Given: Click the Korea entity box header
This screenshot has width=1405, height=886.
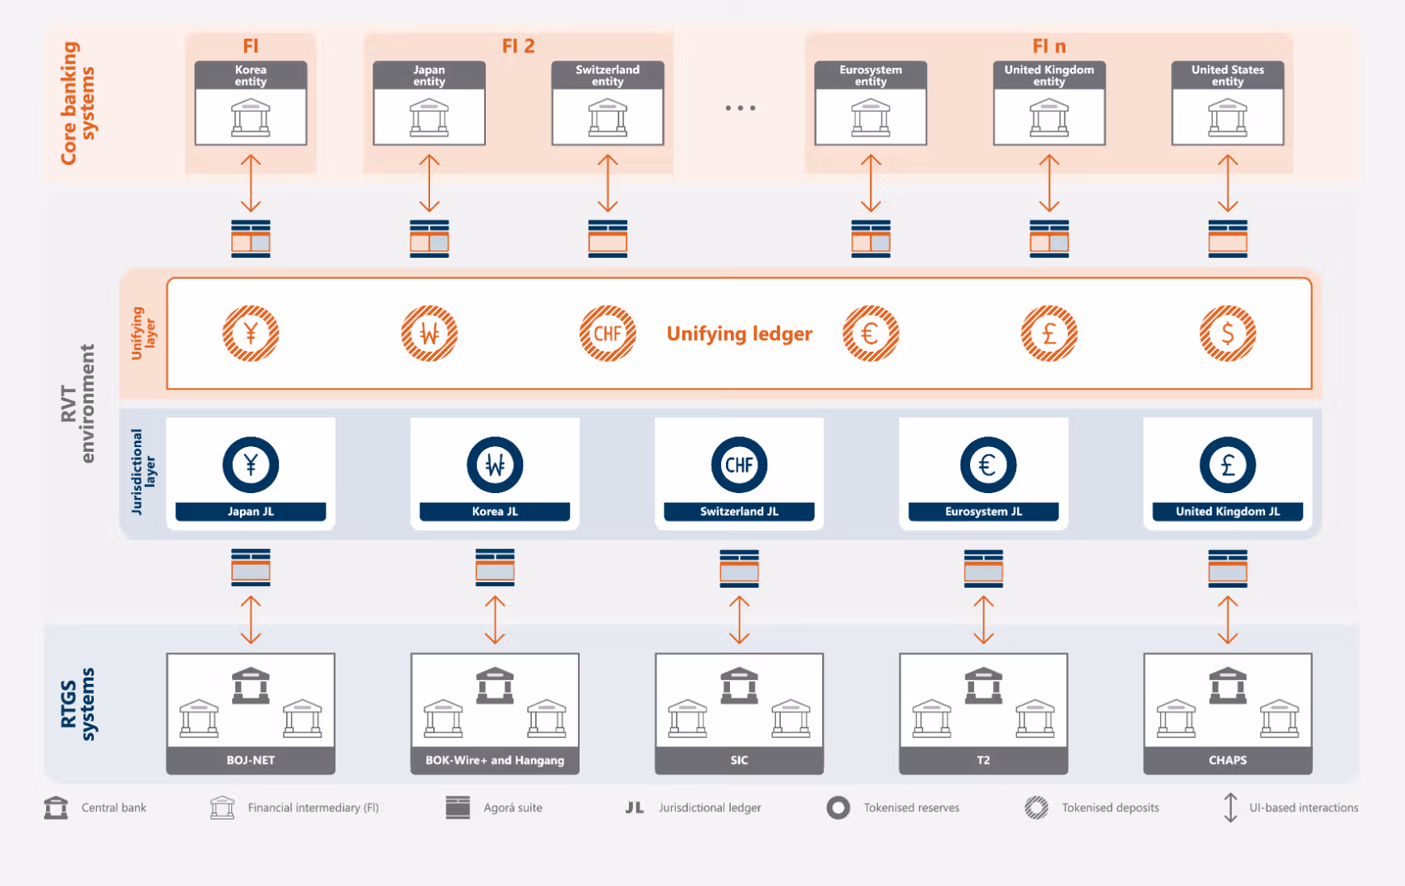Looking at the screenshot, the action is [x=251, y=75].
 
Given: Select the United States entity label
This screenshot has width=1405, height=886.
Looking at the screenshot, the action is [x=1227, y=75].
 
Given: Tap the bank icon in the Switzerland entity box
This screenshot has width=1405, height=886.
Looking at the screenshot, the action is [x=608, y=117].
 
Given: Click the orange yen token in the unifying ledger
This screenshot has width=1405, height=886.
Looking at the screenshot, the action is [x=251, y=333].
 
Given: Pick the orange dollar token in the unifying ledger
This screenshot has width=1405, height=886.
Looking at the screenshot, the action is [x=1227, y=333].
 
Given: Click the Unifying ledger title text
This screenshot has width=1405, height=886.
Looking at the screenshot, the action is [x=739, y=334].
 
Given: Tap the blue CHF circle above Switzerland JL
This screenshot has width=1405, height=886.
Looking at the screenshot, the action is [x=739, y=465].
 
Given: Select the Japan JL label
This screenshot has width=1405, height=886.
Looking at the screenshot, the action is [x=251, y=512].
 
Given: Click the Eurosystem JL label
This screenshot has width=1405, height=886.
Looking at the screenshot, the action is [x=983, y=512].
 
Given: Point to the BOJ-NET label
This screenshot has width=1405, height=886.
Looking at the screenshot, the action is [x=251, y=761].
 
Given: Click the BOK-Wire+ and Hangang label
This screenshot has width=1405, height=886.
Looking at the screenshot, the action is [x=495, y=761].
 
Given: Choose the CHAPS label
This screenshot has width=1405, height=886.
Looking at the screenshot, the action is [x=1227, y=761].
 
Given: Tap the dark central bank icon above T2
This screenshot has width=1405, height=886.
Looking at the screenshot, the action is [x=983, y=686].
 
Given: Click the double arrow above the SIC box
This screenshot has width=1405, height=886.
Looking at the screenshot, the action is [x=739, y=620].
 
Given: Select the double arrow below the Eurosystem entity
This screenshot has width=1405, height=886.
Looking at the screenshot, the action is [x=871, y=184].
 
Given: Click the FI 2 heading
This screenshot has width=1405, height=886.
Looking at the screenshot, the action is [x=518, y=46].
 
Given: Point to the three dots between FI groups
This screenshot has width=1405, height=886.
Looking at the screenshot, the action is [x=740, y=108].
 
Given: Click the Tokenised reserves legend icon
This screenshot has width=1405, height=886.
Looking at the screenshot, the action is [x=838, y=808].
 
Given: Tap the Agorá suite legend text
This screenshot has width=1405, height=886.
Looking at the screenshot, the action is [x=513, y=808].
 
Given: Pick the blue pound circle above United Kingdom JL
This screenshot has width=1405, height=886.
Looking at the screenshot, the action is [x=1227, y=465].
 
